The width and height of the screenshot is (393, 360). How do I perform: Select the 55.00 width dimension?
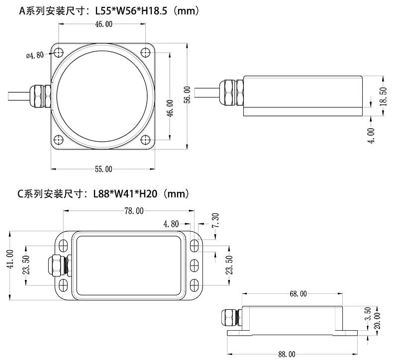(x=103, y=169)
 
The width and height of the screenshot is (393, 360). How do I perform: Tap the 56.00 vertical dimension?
(x=187, y=94)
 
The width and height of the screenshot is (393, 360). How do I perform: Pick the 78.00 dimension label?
(x=133, y=211)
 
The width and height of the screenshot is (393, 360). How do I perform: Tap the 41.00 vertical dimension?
(x=9, y=266)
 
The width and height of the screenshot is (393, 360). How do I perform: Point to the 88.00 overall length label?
(x=287, y=354)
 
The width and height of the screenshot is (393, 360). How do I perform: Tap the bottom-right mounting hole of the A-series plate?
(x=146, y=140)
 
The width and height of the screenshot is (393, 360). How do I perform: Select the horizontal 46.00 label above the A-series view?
(x=103, y=24)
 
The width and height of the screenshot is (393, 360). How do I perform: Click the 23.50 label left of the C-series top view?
(x=26, y=266)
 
